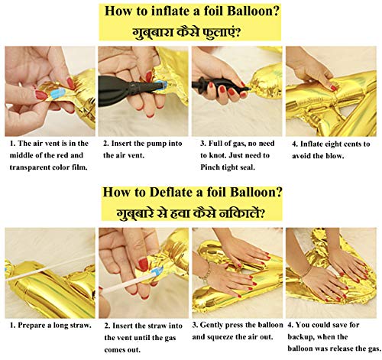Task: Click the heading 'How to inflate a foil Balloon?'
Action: [192, 11]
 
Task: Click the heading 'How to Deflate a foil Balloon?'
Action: [193, 192]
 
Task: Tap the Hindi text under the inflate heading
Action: [186, 32]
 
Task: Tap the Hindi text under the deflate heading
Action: [189, 213]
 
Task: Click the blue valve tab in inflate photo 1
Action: [58, 93]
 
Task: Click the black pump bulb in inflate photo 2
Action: [115, 90]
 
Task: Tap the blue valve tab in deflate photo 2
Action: [157, 271]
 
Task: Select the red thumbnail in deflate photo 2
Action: [144, 264]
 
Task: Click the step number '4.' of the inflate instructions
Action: [295, 144]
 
